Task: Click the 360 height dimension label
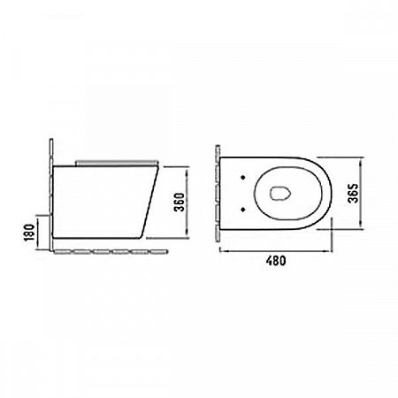(x=180, y=203)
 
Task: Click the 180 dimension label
(x=29, y=233)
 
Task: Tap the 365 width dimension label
(x=353, y=193)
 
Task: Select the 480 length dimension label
(x=276, y=261)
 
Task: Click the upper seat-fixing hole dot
(x=243, y=177)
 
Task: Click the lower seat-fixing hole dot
(x=243, y=209)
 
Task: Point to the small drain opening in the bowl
(x=280, y=194)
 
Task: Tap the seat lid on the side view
(x=117, y=163)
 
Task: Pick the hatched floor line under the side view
(x=111, y=252)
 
